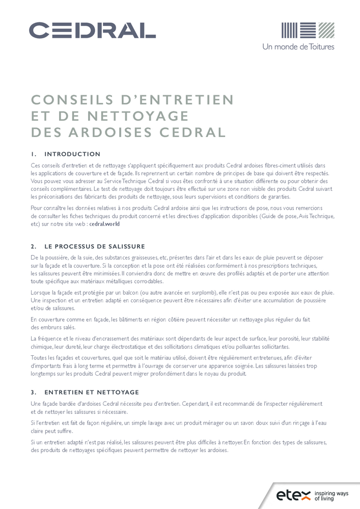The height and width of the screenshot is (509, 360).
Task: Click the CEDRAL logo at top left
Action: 92,31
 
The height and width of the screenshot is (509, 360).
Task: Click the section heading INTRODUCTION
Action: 72,154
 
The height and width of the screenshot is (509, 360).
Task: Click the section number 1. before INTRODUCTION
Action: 34,154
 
